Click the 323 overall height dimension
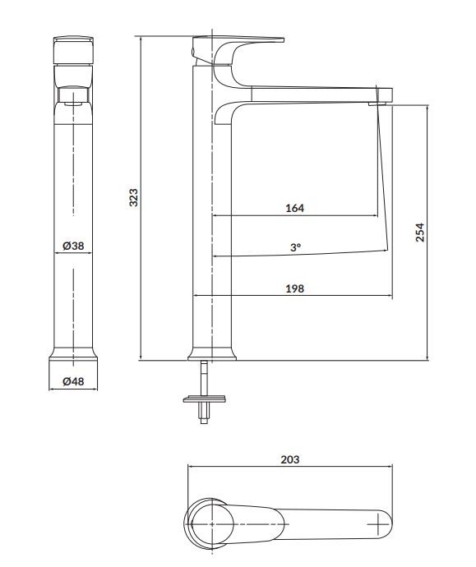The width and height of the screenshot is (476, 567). coord(134,197)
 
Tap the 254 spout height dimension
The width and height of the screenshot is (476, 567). coord(419,233)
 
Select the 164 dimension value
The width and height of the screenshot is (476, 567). coord(295,208)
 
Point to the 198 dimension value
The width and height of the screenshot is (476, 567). coord(295,288)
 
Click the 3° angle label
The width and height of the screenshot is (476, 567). coord(295,247)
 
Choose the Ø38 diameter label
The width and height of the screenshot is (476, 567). coord(73,246)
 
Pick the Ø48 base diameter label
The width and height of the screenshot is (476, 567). coord(73,381)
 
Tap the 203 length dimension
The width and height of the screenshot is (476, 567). coord(290,459)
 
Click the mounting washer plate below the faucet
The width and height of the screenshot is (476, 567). coord(205,399)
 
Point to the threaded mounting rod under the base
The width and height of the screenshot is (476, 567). coord(205,392)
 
